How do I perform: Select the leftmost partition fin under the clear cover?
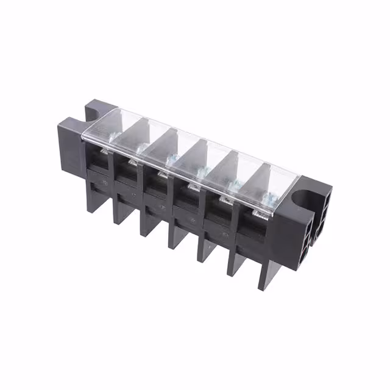click(140, 127)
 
